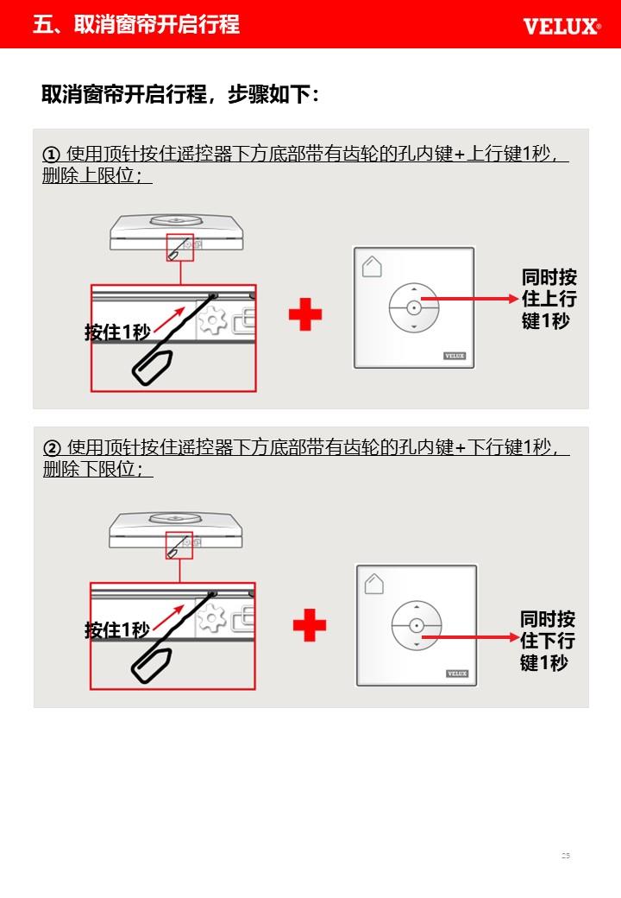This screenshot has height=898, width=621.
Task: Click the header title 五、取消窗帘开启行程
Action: pos(136,24)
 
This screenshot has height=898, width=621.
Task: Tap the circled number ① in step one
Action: pos(51,155)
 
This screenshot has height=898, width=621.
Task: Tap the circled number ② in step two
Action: pos(52,448)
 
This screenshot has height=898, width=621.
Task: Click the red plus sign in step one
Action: pos(305,314)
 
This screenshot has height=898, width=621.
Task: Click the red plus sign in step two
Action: pos(310,625)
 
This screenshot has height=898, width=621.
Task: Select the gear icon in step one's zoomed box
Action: pos(212,319)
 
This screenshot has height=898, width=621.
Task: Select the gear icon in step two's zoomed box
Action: pos(211,617)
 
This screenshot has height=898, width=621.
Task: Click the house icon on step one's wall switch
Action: pos(372,266)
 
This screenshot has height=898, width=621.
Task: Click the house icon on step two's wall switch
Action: pos(374,584)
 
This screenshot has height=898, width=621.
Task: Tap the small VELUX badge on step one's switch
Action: pos(455,356)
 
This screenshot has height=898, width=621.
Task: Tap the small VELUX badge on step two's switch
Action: pos(457,673)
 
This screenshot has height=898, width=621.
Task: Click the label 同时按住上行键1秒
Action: pos(549,299)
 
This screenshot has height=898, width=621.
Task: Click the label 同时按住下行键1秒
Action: pos(547,641)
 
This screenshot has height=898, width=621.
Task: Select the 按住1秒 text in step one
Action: pos(117,332)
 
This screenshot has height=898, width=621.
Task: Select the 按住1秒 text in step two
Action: pos(117,630)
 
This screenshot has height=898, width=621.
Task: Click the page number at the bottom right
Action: pos(566,856)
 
